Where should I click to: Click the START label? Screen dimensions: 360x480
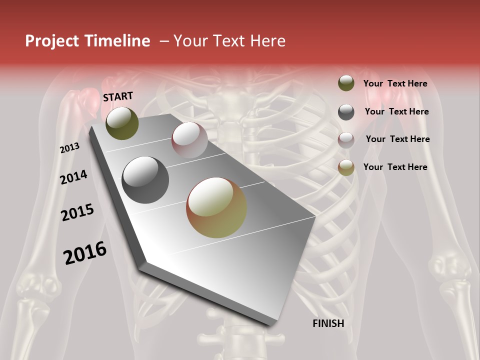118,96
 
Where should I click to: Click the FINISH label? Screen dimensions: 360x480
328,323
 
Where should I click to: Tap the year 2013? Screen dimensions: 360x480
70,148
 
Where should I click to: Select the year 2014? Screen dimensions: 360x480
74,177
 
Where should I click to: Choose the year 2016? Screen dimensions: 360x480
85,253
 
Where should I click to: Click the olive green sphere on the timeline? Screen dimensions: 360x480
122,123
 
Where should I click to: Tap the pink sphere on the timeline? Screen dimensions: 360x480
189,140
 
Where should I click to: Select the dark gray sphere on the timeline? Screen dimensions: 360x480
145,180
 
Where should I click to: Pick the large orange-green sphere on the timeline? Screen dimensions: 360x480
216,207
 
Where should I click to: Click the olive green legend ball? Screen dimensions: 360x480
346,83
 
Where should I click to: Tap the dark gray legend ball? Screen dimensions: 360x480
346,112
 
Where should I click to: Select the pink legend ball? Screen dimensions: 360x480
346,140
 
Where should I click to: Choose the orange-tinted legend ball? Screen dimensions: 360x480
346,167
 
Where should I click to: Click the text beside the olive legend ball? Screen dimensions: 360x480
395,84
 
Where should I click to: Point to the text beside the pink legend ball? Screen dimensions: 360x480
397,139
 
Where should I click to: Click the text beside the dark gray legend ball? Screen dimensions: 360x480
396,111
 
